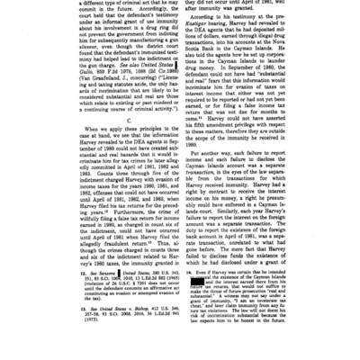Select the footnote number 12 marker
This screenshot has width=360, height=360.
coord(78,296)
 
